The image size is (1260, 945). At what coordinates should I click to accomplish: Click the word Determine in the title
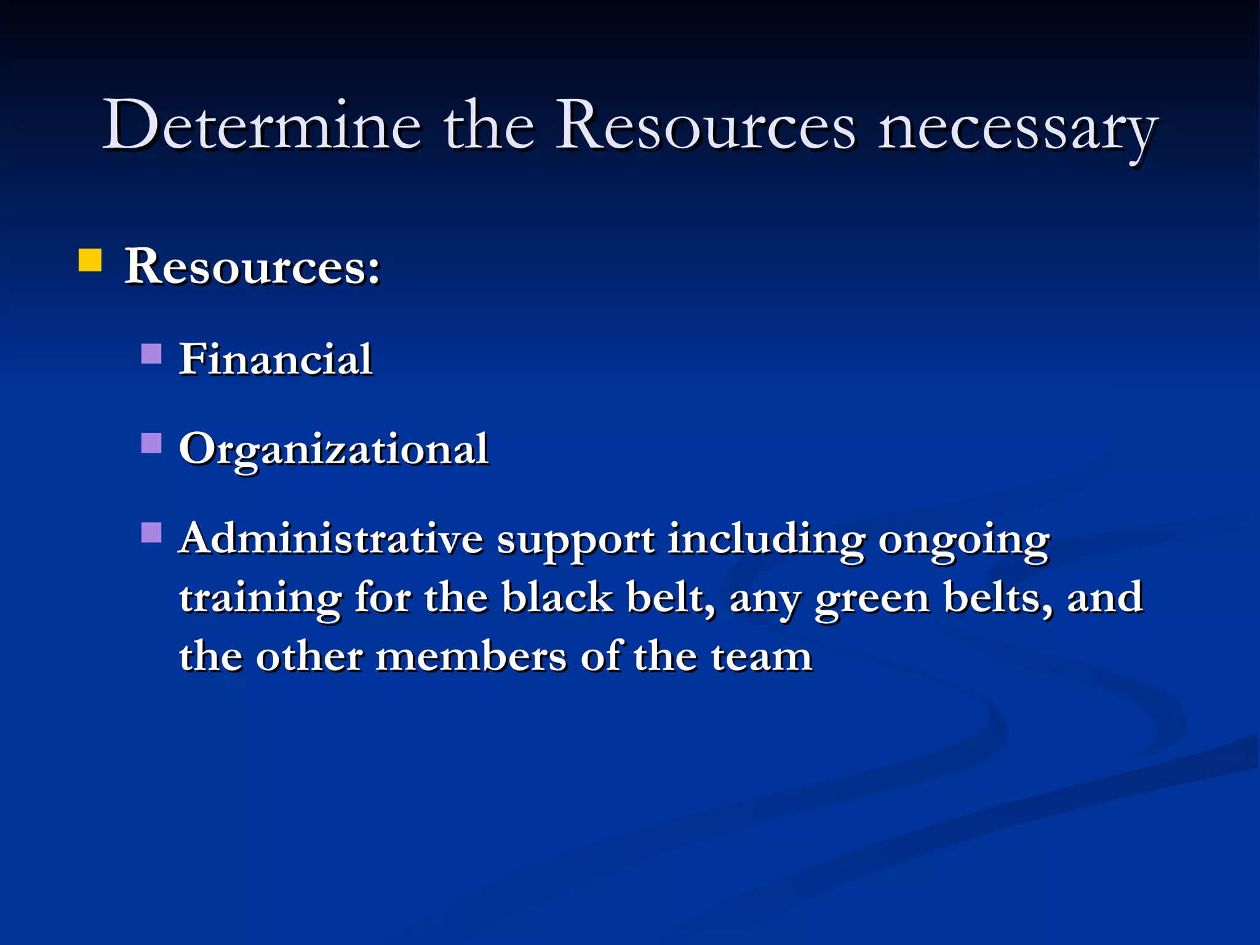[262, 126]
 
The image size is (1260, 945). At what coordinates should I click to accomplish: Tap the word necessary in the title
[1018, 129]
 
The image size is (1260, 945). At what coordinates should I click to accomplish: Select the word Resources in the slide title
[706, 126]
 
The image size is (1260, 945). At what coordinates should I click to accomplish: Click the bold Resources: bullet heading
[253, 267]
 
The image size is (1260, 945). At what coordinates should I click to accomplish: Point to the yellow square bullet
[90, 260]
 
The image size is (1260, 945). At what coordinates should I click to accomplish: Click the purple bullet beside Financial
[151, 354]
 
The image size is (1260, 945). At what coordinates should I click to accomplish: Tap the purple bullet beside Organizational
[151, 443]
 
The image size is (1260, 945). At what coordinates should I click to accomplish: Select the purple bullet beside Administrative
[151, 532]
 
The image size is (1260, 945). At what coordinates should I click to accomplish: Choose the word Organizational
[334, 450]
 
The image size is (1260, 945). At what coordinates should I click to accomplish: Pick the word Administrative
[332, 539]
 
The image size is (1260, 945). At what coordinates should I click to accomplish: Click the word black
[557, 597]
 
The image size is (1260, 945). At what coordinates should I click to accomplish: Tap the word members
[471, 656]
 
